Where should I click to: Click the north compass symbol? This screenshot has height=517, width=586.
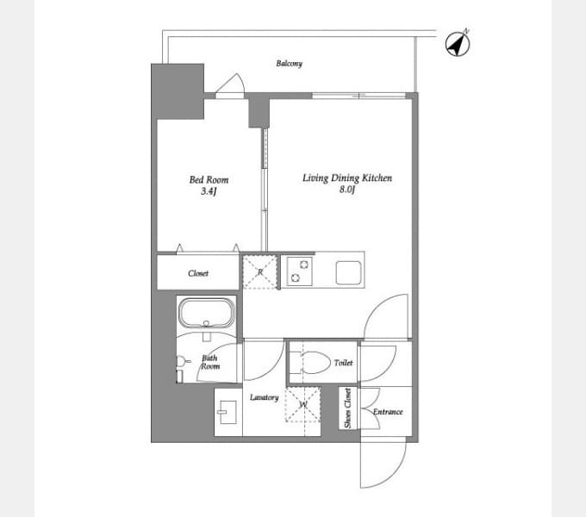458,43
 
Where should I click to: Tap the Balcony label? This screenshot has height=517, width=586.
289,64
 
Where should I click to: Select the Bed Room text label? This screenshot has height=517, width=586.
209,180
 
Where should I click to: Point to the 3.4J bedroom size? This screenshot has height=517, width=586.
209,191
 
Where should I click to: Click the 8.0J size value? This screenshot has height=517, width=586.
347,190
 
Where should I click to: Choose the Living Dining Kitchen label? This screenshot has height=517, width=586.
347,178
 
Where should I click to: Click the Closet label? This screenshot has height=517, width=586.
198,273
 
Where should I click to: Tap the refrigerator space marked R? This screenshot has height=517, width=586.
260,272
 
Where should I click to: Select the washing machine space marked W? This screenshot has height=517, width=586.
303,405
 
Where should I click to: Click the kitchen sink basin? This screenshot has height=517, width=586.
348,272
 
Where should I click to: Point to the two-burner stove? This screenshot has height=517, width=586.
300,271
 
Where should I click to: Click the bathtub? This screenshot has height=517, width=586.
207,312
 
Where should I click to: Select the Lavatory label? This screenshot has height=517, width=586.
265,397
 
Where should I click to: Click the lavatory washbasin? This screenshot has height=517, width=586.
228,412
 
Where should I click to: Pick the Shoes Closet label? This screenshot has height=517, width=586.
347,408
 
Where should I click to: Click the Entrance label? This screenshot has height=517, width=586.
388,412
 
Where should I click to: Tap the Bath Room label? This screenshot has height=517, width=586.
210,363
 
